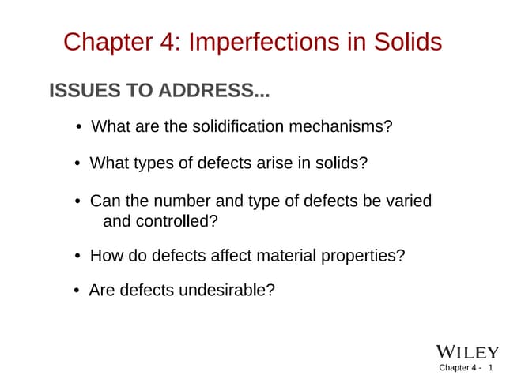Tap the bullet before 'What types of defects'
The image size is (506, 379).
(x=78, y=165)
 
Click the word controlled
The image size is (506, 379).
(x=174, y=221)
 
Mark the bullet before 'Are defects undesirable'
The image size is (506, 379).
(x=77, y=291)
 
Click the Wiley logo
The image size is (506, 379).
(x=467, y=351)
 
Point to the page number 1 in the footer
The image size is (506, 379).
(x=491, y=368)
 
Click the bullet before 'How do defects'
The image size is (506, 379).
(x=78, y=257)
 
